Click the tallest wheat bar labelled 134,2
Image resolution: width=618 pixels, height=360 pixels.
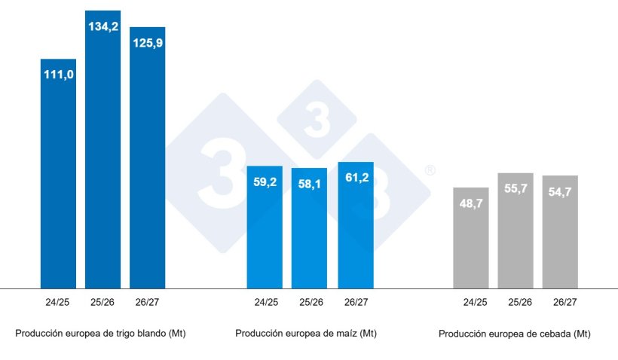tap(102, 151)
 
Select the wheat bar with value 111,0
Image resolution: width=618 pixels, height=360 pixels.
tap(58, 173)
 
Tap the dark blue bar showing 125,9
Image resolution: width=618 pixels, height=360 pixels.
tap(147, 158)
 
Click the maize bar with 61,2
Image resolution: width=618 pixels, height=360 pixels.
tap(356, 225)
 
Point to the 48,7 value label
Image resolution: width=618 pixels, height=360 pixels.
tap(471, 203)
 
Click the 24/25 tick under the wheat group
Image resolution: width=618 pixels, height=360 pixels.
tap(58, 303)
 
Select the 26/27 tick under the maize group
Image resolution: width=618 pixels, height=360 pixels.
tap(356, 303)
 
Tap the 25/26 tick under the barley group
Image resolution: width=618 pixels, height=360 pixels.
tap(516, 303)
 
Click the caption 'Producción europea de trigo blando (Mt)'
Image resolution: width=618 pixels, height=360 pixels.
tap(100, 333)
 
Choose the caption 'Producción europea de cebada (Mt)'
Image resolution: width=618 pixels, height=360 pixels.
tap(514, 333)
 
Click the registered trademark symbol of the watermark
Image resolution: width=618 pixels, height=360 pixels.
tap(430, 171)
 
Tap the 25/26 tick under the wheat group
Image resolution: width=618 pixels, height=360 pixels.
tap(102, 303)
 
